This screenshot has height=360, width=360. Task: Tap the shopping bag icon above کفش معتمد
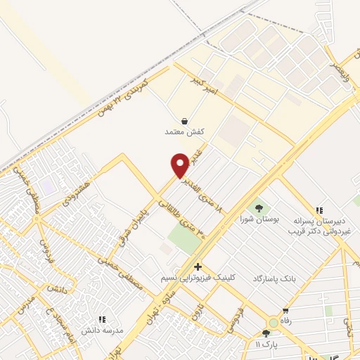[184, 120]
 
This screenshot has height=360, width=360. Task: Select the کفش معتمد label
[184, 131]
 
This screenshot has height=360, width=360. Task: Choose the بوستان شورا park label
[261, 219]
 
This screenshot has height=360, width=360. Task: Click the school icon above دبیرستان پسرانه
[320, 210]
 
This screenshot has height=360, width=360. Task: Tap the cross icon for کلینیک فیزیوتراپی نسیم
[198, 266]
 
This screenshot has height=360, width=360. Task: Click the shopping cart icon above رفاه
[286, 311]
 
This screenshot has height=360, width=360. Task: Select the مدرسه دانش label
[103, 330]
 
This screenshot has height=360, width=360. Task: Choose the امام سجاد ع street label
[53, 316]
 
